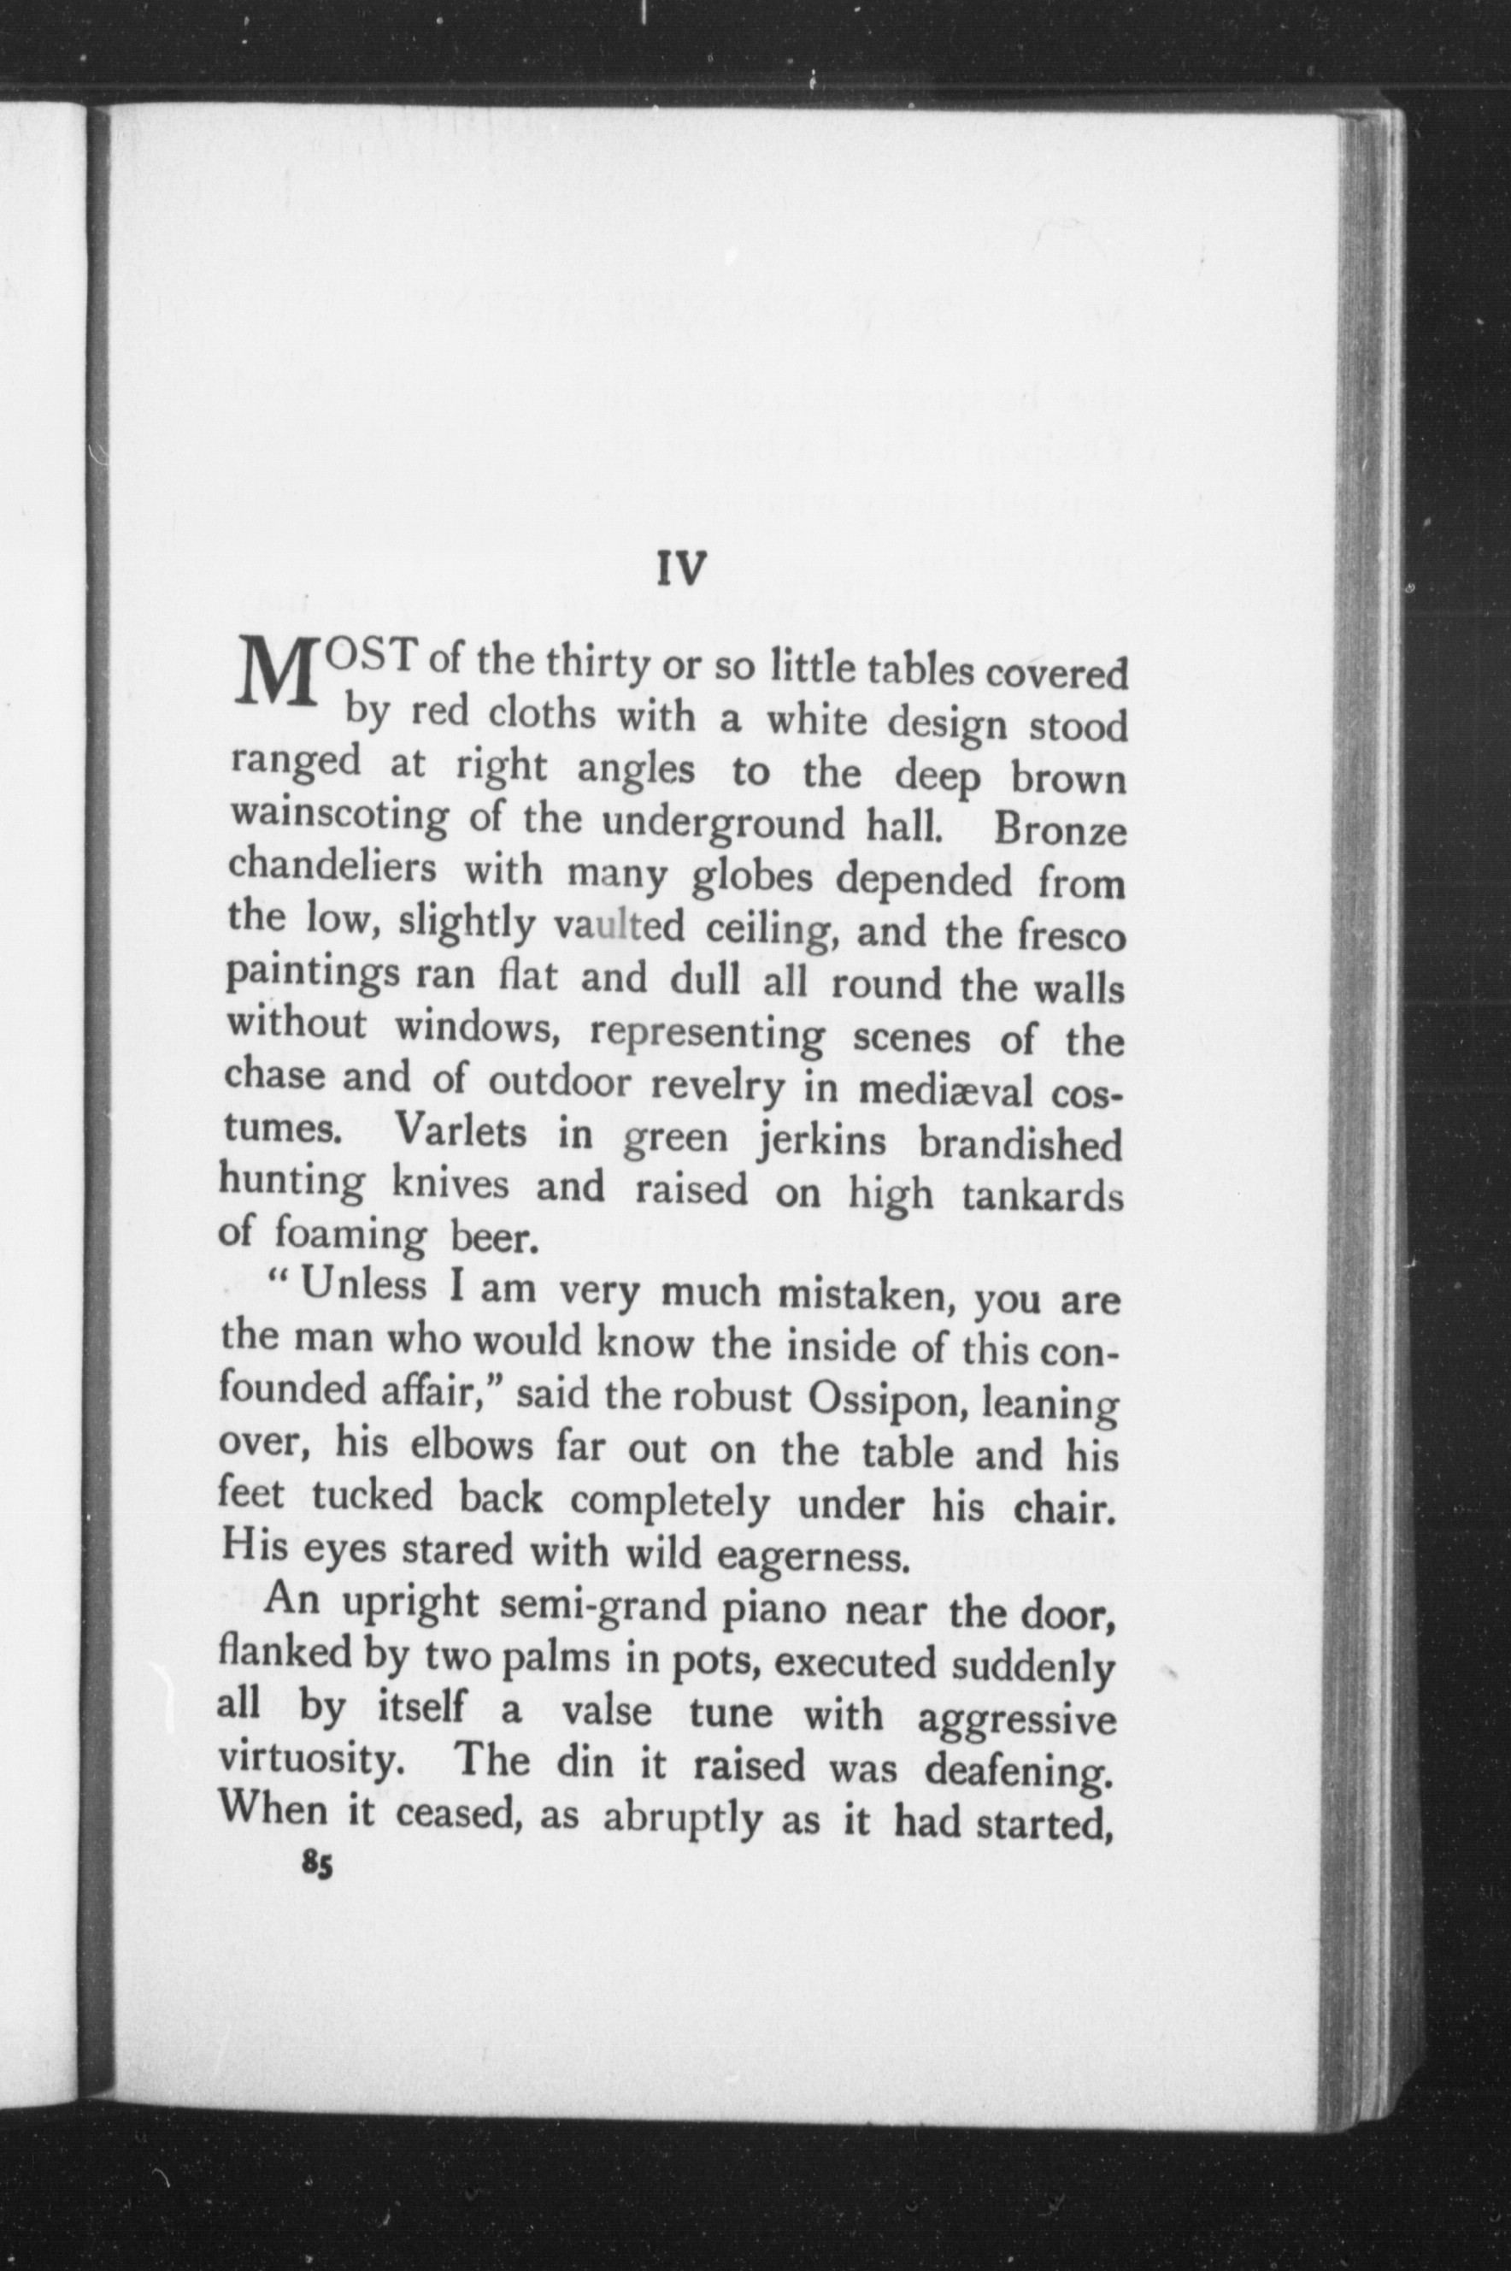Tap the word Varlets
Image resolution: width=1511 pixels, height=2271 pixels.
461,1130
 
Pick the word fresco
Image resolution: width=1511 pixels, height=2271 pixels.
1070,935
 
